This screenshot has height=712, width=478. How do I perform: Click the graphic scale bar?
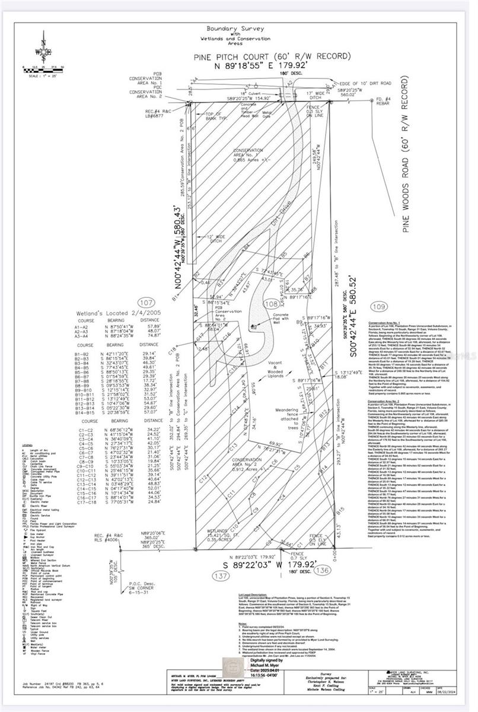(43, 69)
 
